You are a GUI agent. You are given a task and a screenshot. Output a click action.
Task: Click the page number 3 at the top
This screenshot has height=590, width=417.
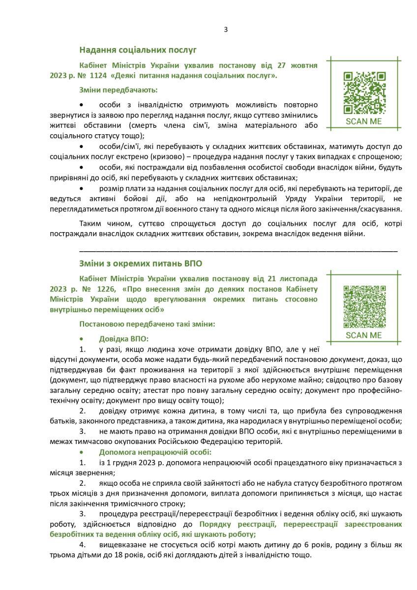coord(226,29)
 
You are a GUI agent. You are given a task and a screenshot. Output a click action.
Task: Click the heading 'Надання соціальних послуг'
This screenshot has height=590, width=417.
coord(138,50)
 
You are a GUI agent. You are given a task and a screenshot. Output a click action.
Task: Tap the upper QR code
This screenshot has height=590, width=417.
coord(364,92)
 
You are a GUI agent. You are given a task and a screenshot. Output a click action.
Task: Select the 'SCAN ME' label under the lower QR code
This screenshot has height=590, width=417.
coord(364,335)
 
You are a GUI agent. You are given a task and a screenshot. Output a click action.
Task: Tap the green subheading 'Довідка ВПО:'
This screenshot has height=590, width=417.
coord(123,339)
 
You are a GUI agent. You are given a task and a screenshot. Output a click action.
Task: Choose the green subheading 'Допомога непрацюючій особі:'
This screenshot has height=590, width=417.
coord(155,452)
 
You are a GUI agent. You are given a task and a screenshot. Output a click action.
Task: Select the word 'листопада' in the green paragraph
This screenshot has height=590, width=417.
coord(297,278)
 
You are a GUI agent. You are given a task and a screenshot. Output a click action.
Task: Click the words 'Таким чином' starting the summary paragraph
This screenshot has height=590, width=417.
coord(101,224)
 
